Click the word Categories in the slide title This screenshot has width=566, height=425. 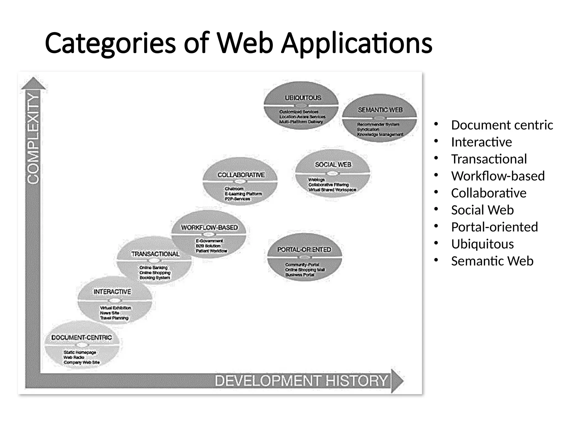(x=110, y=44)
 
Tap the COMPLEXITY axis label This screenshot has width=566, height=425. (x=33, y=138)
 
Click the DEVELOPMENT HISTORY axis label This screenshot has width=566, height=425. (x=301, y=381)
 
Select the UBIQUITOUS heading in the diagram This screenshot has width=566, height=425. (x=303, y=98)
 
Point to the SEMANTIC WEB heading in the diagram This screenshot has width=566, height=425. (x=380, y=110)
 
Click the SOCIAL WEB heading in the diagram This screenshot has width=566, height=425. (x=333, y=165)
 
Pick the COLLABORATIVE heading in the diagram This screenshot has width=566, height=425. (x=241, y=175)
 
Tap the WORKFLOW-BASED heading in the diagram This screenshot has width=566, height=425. (x=209, y=227)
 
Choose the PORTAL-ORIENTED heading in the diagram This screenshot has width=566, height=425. (x=304, y=250)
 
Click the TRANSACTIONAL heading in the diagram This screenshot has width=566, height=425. (x=155, y=254)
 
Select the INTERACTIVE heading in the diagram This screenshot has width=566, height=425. (x=112, y=292)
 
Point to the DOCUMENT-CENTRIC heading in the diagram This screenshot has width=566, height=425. (x=82, y=338)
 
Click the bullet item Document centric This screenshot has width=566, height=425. (x=502, y=125)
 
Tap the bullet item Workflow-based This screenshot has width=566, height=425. (x=498, y=176)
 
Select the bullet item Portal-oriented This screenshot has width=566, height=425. (x=494, y=227)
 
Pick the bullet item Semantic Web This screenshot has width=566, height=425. (x=492, y=261)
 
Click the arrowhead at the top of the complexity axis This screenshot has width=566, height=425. (x=33, y=83)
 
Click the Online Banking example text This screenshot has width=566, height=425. (x=153, y=268)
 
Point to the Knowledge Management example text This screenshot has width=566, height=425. (x=380, y=134)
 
